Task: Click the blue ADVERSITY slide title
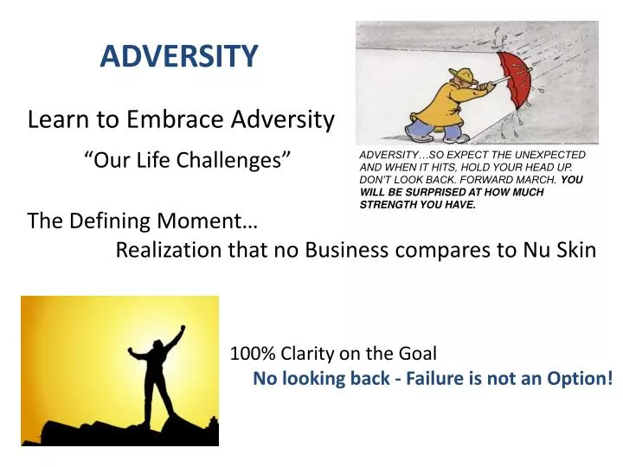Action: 179,56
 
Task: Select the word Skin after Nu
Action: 575,250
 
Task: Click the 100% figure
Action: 251,353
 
